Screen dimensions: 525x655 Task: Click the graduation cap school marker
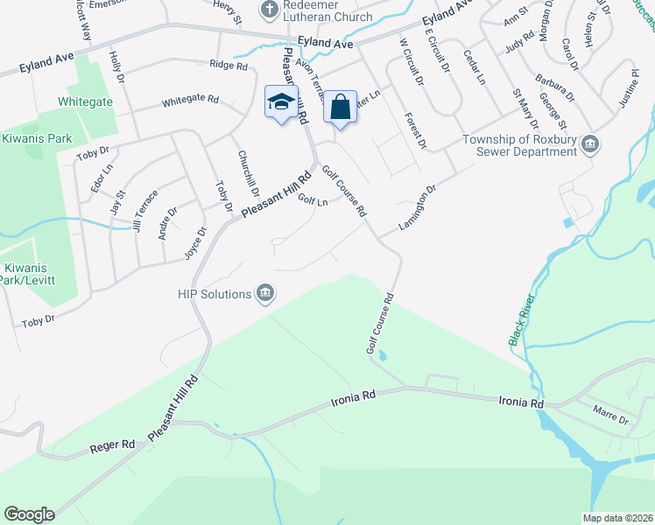(x=281, y=102)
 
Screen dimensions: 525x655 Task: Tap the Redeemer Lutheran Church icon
(x=269, y=9)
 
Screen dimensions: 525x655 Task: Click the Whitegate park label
(x=85, y=101)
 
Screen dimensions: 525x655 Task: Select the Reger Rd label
(x=113, y=446)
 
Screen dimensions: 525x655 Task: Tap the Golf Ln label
(x=312, y=200)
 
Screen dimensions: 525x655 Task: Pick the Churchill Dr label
(x=249, y=172)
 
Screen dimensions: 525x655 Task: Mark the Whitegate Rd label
(x=190, y=101)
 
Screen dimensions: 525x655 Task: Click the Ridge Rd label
(x=229, y=66)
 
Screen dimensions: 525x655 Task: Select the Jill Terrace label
(x=144, y=209)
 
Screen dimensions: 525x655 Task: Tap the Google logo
(x=29, y=514)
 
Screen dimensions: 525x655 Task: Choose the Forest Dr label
(x=415, y=129)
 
